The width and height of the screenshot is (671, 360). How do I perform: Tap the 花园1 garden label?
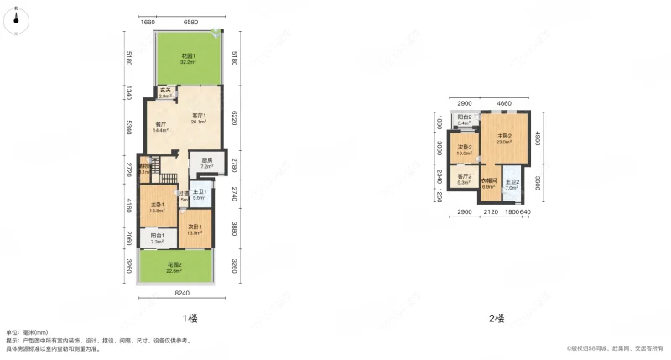pyautogui.click(x=190, y=59)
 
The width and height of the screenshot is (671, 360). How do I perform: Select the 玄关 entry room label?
pyautogui.click(x=165, y=93)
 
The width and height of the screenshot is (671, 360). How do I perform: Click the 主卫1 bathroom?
pyautogui.click(x=200, y=194)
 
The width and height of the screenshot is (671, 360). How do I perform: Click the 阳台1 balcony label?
pyautogui.click(x=157, y=239)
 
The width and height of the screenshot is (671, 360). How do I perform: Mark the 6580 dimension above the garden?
pyautogui.click(x=190, y=23)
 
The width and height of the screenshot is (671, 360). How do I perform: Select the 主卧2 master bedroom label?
pyautogui.click(x=504, y=139)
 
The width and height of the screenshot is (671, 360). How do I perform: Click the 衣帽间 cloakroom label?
pyautogui.click(x=489, y=183)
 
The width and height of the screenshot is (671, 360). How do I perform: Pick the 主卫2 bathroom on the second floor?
pyautogui.click(x=512, y=185)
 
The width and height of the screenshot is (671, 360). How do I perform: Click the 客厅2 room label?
pyautogui.click(x=464, y=179)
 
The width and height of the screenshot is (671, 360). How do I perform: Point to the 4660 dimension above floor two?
pyautogui.click(x=503, y=102)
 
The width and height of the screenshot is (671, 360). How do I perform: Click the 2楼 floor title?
pyautogui.click(x=497, y=318)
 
